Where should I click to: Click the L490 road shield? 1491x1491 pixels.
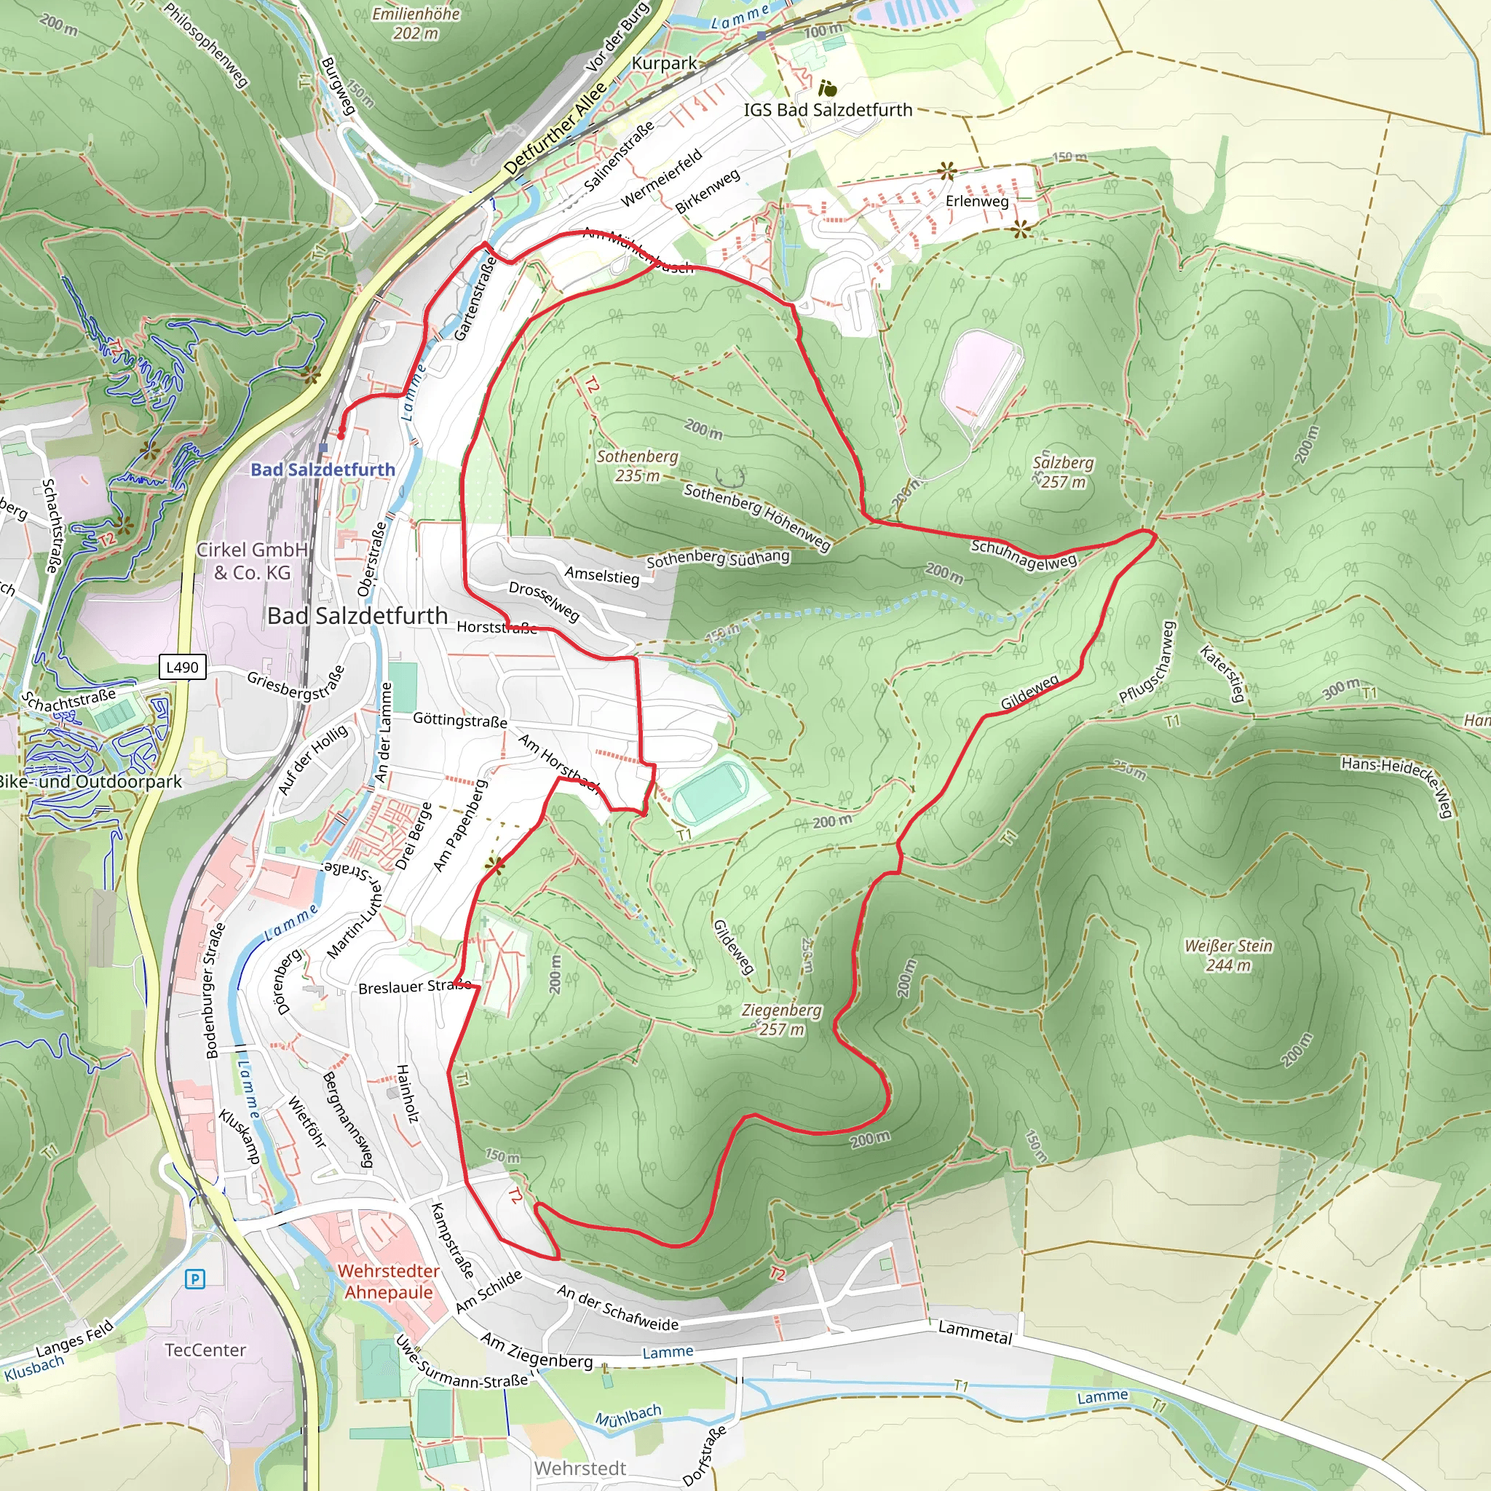point(182,667)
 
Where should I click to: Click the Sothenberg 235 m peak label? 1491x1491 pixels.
point(638,466)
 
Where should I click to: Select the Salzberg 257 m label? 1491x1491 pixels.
point(1063,472)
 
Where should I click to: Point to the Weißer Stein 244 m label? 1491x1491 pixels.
point(1228,955)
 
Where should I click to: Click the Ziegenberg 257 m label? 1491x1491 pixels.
point(781,1019)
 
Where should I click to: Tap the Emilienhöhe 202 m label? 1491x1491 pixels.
point(415,23)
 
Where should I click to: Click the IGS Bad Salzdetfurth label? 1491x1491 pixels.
point(827,110)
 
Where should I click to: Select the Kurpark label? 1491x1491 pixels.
point(664,63)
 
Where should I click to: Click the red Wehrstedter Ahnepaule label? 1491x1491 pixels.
point(388,1281)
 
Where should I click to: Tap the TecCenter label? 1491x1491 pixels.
point(205,1350)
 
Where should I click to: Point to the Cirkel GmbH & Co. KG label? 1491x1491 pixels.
point(252,561)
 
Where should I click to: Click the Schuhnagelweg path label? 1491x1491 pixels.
point(1024,555)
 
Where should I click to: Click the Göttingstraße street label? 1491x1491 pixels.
point(460,720)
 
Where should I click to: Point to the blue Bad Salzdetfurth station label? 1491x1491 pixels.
point(323,470)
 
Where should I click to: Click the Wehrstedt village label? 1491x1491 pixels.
point(580,1468)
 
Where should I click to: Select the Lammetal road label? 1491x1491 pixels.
point(975,1332)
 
